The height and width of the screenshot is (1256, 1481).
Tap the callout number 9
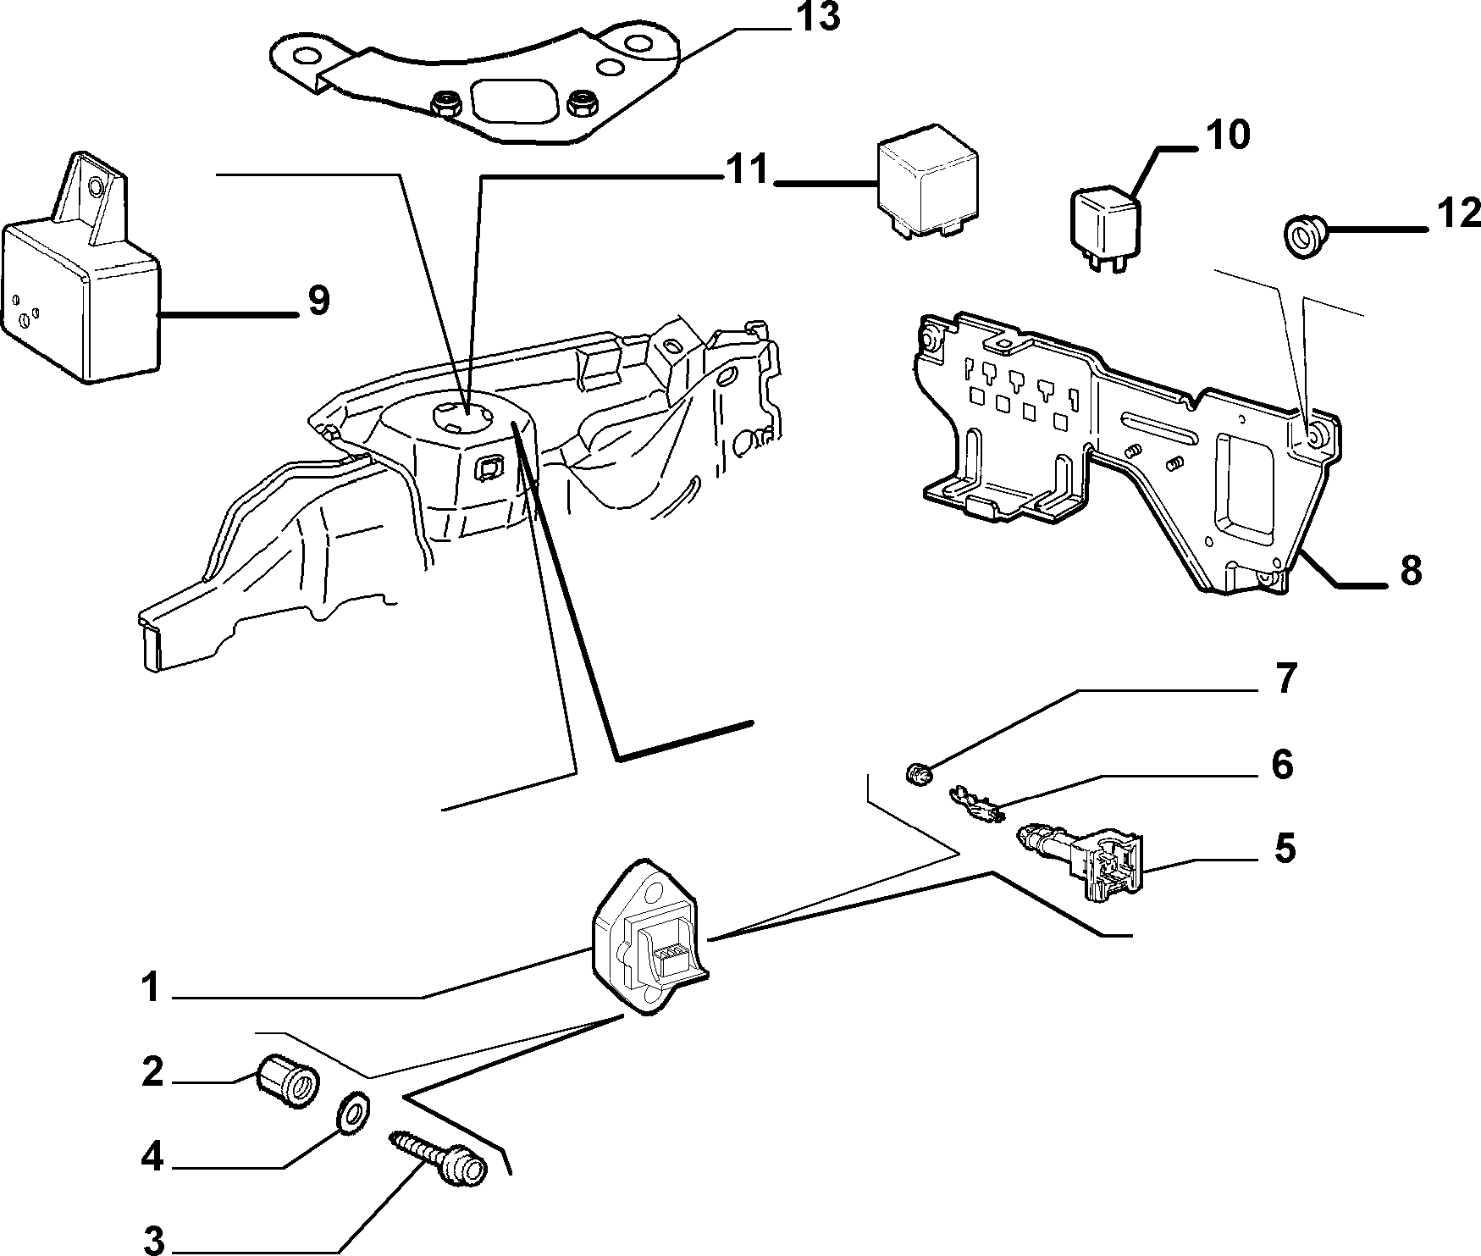pyautogui.click(x=318, y=301)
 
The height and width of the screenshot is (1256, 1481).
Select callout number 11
pyautogui.click(x=746, y=170)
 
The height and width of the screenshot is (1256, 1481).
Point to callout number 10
pyautogui.click(x=1227, y=136)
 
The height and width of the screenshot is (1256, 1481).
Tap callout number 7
pyautogui.click(x=1285, y=679)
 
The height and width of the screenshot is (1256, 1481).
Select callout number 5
pyautogui.click(x=1285, y=848)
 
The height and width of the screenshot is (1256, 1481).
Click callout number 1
pyautogui.click(x=151, y=988)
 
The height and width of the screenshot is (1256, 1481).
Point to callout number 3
pyautogui.click(x=152, y=1241)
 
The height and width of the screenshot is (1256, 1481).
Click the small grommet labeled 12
pyautogui.click(x=1301, y=231)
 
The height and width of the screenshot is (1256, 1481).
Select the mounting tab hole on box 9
pyautogui.click(x=93, y=186)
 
